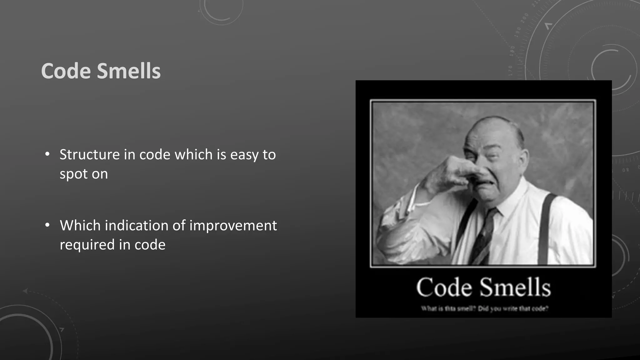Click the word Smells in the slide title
(x=129, y=71)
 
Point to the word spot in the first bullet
(x=72, y=174)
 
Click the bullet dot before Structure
(x=47, y=154)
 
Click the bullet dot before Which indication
(x=47, y=225)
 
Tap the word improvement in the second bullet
(x=233, y=226)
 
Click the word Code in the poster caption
(x=444, y=287)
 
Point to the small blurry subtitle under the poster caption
(x=484, y=309)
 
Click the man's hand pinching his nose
(x=459, y=170)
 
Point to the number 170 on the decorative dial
(x=510, y=71)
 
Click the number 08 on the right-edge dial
(x=625, y=170)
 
